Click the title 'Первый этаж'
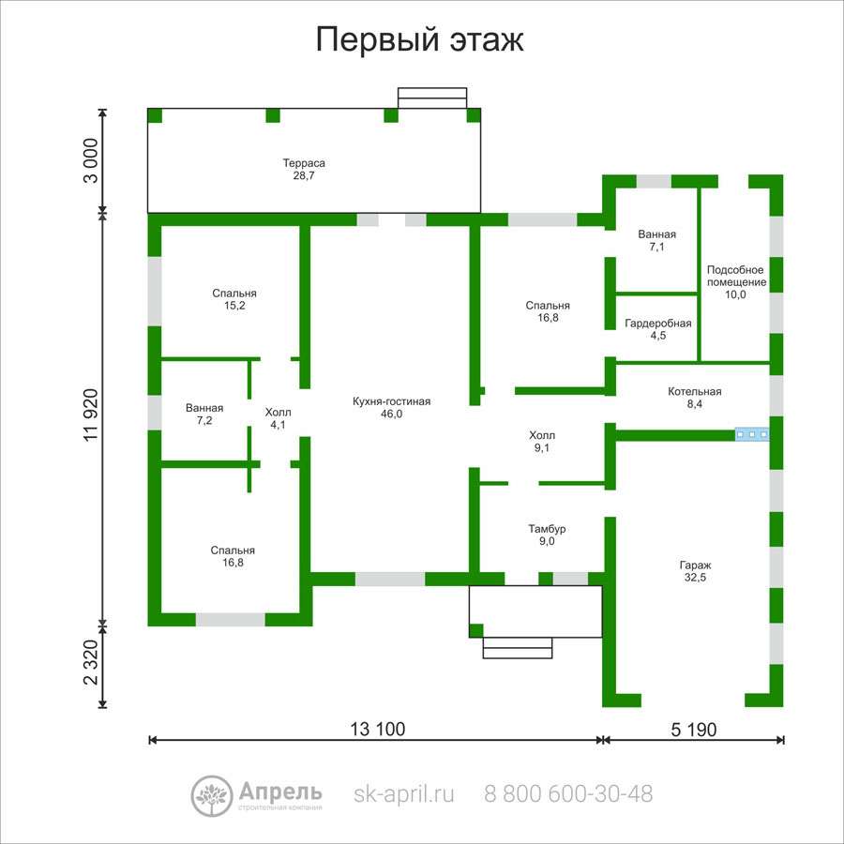419,39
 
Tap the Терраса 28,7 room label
304,169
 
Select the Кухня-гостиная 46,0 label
391,408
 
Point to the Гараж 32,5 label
696,571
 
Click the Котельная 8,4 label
694,398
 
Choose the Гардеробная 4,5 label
657,329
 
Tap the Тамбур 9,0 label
547,535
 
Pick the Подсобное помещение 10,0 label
736,282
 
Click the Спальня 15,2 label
234,299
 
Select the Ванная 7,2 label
204,414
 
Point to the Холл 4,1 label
278,418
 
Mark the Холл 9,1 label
542,442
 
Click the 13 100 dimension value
377,729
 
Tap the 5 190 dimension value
694,730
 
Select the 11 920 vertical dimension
92,414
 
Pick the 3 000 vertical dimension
91,160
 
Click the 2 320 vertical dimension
91,662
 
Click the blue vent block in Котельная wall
752,434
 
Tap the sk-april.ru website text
403,793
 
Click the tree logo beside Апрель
212,796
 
